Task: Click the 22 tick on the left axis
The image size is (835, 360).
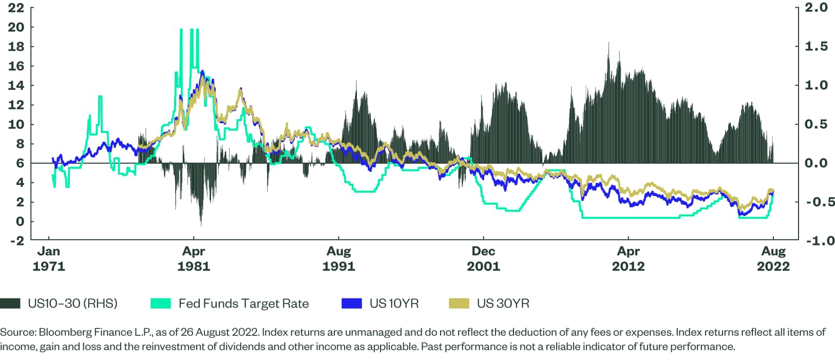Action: pyautogui.click(x=16, y=8)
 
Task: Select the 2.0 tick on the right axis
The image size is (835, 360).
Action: pyautogui.click(x=816, y=8)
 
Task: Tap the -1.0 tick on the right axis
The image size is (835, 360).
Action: pyautogui.click(x=816, y=240)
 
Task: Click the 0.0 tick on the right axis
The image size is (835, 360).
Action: pyautogui.click(x=816, y=163)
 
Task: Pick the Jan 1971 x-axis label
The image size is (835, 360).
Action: pyautogui.click(x=49, y=259)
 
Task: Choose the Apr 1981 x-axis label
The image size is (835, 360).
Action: pyautogui.click(x=194, y=259)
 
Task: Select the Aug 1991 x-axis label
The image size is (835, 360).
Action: pyautogui.click(x=338, y=259)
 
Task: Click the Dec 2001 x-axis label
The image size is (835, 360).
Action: pyautogui.click(x=483, y=259)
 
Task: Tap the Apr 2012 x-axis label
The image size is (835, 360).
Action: pyautogui.click(x=628, y=259)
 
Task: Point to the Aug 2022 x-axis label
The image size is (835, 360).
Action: pyautogui.click(x=773, y=259)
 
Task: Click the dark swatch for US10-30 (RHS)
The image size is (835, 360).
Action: pyautogui.click(x=10, y=304)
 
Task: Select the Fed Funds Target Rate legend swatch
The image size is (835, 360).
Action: pyautogui.click(x=161, y=304)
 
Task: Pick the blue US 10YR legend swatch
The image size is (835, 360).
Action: pyautogui.click(x=352, y=304)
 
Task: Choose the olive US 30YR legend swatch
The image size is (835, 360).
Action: pyautogui.click(x=459, y=304)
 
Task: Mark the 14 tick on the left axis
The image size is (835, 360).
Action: pyautogui.click(x=16, y=85)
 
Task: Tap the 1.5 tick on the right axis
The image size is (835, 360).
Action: pyautogui.click(x=816, y=47)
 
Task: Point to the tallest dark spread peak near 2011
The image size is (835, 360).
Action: pyautogui.click(x=609, y=43)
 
